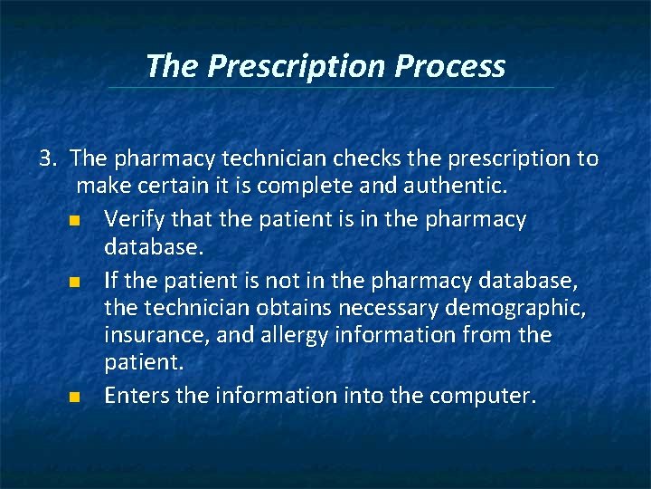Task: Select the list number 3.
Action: [x=47, y=159]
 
